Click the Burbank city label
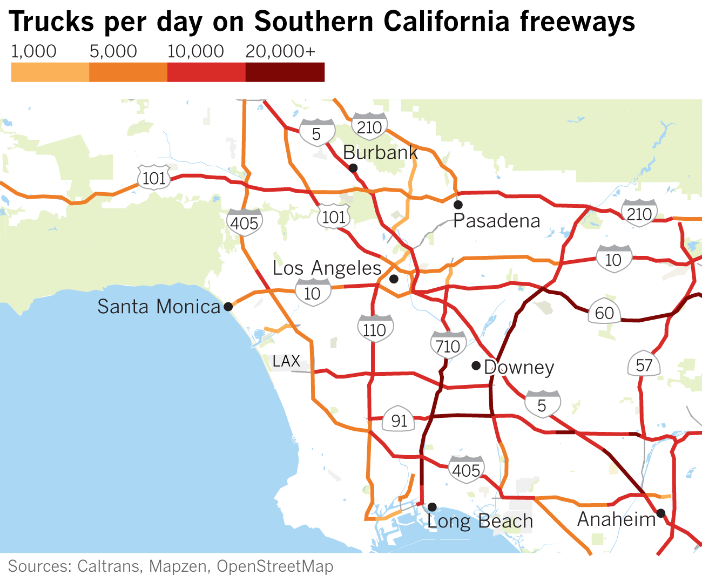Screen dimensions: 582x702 [x=380, y=153]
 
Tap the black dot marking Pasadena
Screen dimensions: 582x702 [x=458, y=205]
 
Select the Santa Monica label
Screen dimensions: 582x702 [x=159, y=307]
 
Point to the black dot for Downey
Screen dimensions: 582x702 [x=476, y=366]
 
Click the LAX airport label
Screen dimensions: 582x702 [x=286, y=361]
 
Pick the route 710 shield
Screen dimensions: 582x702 [x=448, y=345]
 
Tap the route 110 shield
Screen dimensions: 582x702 [x=375, y=329]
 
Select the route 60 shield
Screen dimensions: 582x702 [x=604, y=313]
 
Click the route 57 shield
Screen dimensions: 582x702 [x=644, y=366]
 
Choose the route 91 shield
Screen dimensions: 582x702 [x=399, y=420]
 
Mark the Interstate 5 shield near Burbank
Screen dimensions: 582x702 [x=316, y=133]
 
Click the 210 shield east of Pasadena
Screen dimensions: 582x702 [x=639, y=213]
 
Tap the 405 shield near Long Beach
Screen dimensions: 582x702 [x=465, y=469]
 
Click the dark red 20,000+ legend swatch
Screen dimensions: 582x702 [x=285, y=72]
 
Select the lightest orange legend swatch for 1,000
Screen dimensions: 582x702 [x=50, y=72]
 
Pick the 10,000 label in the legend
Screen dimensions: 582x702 [x=195, y=51]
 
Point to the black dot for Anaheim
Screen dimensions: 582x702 [x=660, y=512]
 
